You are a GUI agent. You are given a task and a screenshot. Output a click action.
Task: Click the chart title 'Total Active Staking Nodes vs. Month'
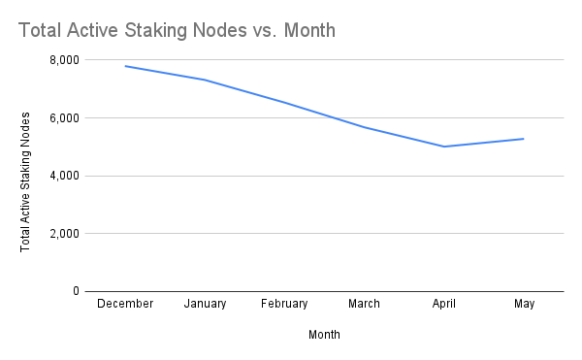point(177,31)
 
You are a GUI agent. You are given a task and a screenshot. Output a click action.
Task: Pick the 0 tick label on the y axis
point(75,291)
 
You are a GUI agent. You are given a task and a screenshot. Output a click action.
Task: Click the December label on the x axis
point(125,304)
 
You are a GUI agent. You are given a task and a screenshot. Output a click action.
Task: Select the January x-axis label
point(205,304)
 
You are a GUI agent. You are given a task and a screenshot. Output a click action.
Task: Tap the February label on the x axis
point(284,304)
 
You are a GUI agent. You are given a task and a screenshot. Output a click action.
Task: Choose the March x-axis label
point(364,304)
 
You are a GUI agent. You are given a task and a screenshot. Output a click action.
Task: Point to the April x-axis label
point(444,304)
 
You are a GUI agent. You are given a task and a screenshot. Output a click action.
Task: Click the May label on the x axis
point(524,304)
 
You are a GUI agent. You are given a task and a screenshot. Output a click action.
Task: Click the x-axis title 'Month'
point(324,335)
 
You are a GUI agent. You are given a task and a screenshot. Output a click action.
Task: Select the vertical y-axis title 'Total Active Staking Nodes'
point(25,180)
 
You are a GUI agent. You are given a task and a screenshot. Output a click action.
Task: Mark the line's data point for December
point(125,66)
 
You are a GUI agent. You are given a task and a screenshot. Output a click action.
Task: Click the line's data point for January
point(205,80)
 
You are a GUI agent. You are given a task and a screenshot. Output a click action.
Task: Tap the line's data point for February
point(284,102)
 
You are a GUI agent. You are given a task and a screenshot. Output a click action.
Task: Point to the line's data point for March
point(364,127)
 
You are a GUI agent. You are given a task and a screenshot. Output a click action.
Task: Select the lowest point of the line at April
point(444,147)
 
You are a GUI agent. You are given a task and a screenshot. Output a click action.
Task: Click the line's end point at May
point(524,139)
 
